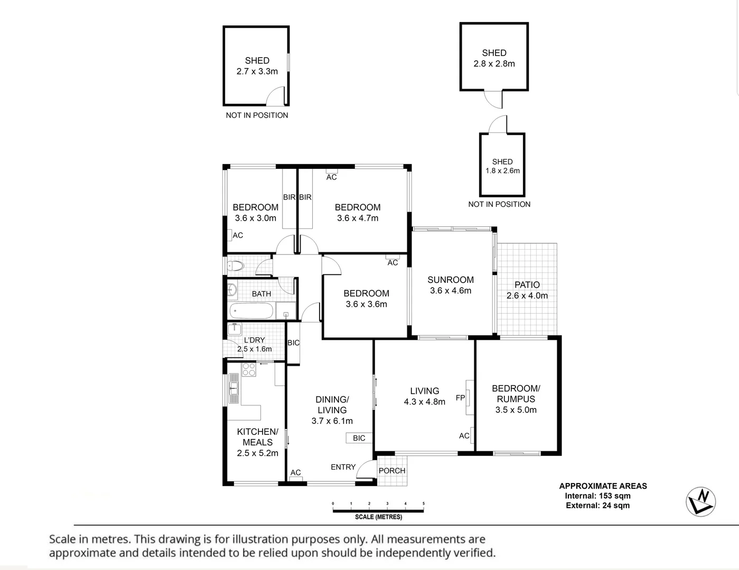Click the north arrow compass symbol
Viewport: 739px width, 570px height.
point(700,501)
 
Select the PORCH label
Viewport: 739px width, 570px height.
point(392,471)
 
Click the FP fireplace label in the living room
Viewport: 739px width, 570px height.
point(460,398)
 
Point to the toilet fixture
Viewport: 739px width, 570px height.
point(236,265)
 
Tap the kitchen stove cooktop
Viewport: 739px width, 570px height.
point(248,369)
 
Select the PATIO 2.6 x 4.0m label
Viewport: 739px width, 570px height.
point(527,290)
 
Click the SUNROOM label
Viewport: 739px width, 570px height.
point(451,280)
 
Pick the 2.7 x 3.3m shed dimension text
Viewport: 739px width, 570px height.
point(257,71)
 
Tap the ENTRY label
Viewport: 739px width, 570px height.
point(343,467)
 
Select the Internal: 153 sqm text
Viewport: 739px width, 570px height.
point(597,496)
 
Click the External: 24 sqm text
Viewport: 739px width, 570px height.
point(597,506)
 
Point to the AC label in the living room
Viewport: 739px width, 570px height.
point(464,436)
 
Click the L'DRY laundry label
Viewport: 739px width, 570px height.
point(255,340)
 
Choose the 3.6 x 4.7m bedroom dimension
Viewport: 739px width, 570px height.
point(358,218)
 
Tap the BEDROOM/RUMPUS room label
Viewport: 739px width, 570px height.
point(516,394)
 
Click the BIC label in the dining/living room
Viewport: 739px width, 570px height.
point(359,438)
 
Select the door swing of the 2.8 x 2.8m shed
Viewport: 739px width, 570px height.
point(492,99)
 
